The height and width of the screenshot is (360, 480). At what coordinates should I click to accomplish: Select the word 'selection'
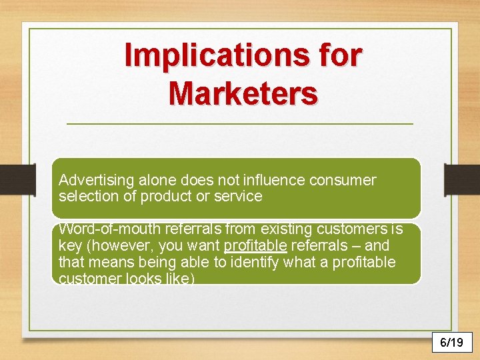85,197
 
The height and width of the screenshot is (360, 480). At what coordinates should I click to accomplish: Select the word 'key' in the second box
69,246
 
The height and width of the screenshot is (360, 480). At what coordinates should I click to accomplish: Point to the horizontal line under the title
240,124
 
